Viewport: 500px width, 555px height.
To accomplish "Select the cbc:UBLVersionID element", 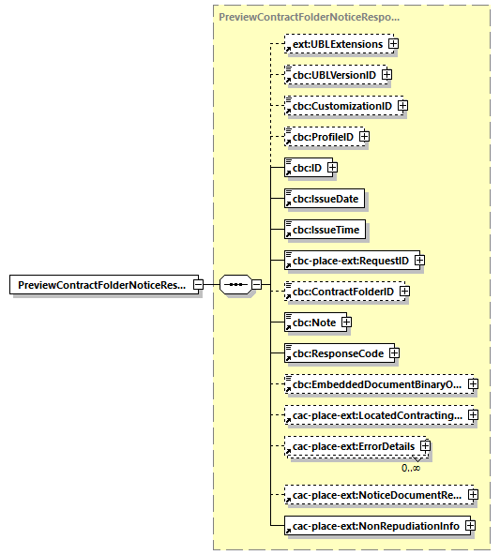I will pos(331,75).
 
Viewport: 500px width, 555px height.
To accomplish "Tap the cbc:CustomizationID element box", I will pos(340,106).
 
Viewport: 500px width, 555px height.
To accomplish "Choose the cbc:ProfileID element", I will pos(321,137).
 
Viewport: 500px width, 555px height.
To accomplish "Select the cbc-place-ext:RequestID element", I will pos(348,261).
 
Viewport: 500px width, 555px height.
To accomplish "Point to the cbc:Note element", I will pos(312,322).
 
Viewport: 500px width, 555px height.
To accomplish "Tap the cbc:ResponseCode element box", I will pos(335,353).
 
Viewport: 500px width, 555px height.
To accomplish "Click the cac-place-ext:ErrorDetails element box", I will pos(352,447).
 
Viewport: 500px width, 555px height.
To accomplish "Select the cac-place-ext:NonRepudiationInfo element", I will pos(374,526).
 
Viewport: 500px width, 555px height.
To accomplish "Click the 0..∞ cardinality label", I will pos(411,467).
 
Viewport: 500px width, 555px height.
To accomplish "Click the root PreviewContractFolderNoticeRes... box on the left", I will pos(100,284).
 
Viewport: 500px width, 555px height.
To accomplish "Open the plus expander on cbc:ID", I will pos(331,168).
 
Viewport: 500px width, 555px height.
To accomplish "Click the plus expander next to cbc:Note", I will pos(346,322).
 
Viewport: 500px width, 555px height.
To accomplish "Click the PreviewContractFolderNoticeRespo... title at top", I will pos(309,17).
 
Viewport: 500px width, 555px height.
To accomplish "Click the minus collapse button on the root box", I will pos(198,284).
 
